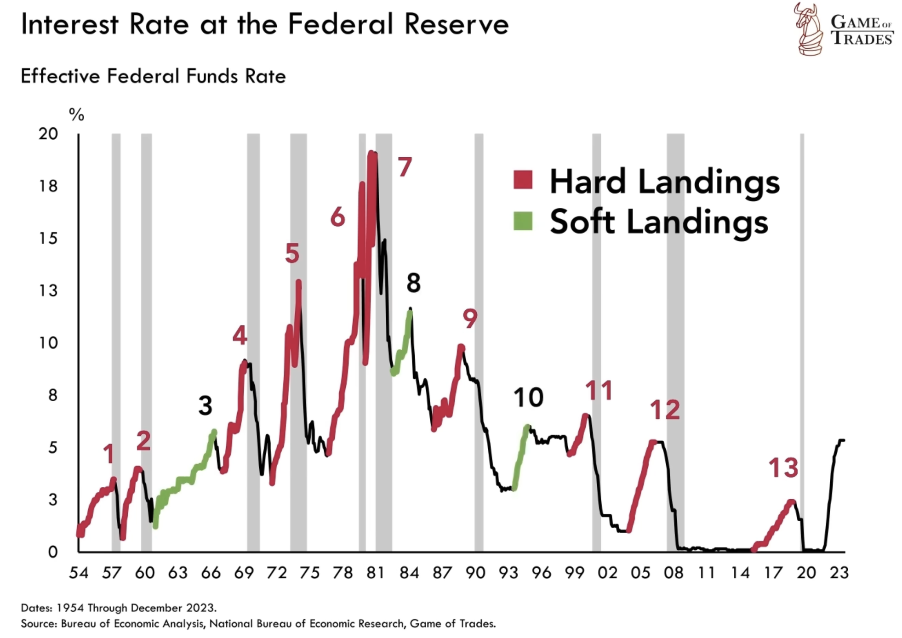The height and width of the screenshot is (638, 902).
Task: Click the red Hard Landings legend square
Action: click(523, 180)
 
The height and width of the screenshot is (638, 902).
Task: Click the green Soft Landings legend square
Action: click(523, 221)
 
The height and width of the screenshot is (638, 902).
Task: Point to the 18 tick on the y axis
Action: click(48, 186)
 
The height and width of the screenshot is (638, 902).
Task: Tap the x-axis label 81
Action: click(376, 573)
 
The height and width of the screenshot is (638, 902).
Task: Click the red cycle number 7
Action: click(405, 167)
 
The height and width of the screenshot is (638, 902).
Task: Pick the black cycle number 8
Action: click(413, 283)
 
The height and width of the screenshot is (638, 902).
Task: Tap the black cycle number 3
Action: click(205, 405)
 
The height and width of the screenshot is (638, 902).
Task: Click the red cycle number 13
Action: click(783, 468)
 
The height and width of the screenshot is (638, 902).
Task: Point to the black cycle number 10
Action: click(528, 398)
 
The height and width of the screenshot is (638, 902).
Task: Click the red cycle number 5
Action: click(292, 253)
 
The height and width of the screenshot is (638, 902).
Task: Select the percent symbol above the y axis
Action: click(76, 114)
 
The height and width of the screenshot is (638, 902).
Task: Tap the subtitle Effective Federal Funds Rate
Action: click(153, 76)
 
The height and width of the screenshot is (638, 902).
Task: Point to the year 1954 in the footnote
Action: click(70, 608)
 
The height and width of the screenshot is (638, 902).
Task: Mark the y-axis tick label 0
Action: click(53, 552)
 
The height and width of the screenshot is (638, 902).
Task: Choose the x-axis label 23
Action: click(839, 573)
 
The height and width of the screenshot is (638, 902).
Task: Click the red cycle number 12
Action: click(665, 410)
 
